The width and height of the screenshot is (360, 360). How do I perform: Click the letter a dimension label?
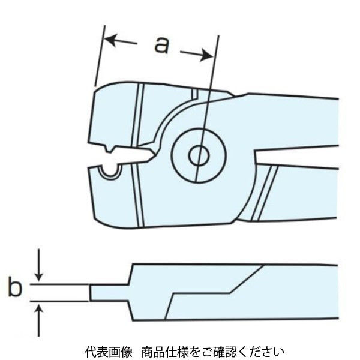click(x=160, y=45)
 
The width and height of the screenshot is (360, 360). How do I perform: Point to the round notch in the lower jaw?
click(x=109, y=172)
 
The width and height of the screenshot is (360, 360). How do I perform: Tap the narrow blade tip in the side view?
click(x=108, y=293)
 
